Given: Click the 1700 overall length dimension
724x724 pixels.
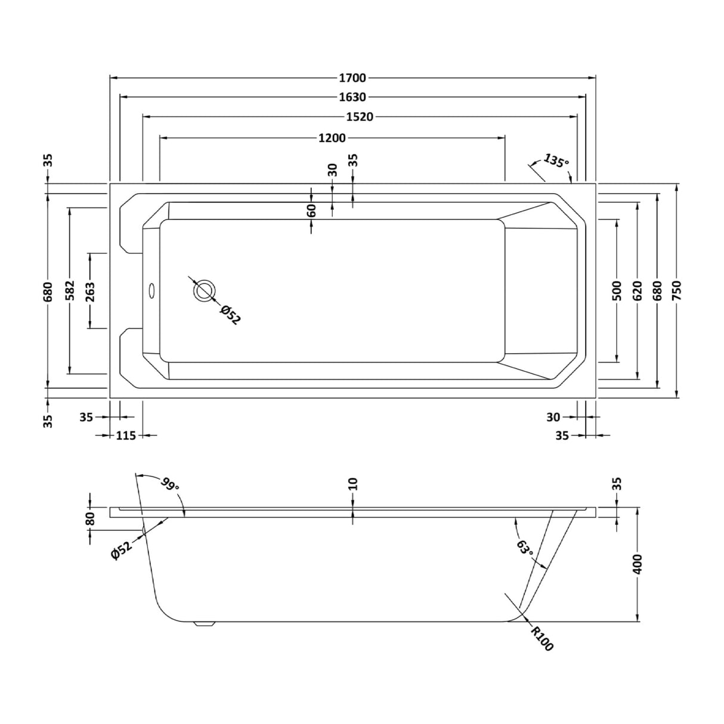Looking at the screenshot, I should pos(352,78).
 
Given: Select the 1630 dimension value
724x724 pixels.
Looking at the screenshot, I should pos(352,97).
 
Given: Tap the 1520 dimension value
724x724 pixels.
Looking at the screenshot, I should pos(360,117).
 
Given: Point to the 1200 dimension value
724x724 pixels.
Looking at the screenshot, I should pos(332,138).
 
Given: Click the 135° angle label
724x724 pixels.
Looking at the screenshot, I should pos(556,161).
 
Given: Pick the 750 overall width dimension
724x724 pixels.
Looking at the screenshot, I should pos(676,291).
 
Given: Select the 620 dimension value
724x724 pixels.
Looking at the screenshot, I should pos(637,291).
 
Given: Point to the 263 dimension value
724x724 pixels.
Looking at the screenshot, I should pos(90,291).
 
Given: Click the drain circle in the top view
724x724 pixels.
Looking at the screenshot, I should pos(204,290).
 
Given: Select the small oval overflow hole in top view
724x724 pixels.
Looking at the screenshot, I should pos(151,291).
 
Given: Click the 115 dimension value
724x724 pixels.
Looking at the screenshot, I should pos(126,435).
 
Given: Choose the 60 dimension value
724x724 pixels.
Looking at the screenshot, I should pos(312,210).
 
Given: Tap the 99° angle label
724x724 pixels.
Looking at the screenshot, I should pos(170,484).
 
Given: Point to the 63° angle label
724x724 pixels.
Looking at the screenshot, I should pos(525,547).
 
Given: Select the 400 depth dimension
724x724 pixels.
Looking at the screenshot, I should pos(638,564).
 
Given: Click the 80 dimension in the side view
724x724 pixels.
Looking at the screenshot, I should pos(91,519).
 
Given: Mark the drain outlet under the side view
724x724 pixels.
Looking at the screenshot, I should pos(205,624).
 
